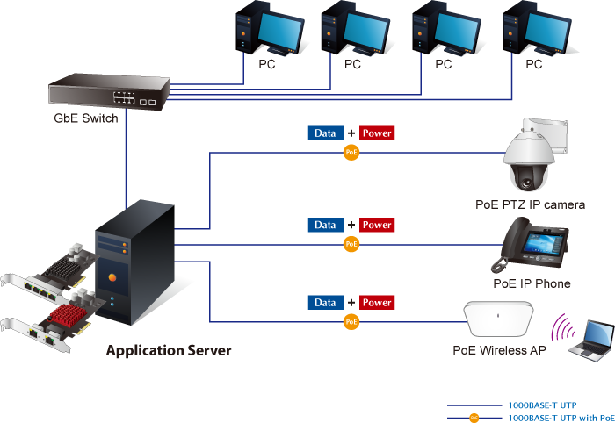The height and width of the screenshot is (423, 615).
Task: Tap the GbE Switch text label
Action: tap(86, 118)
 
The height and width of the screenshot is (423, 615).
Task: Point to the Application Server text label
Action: tap(169, 351)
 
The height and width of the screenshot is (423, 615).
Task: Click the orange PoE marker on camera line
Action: tap(351, 152)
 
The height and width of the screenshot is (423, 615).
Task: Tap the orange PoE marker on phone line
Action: tap(351, 243)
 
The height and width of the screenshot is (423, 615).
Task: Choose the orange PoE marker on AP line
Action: tap(351, 321)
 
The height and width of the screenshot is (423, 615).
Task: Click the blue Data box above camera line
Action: tap(325, 133)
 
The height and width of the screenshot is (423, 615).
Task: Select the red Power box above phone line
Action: tap(377, 225)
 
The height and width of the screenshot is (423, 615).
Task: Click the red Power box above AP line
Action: tap(377, 303)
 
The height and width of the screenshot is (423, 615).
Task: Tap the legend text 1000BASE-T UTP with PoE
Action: tap(561, 418)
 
